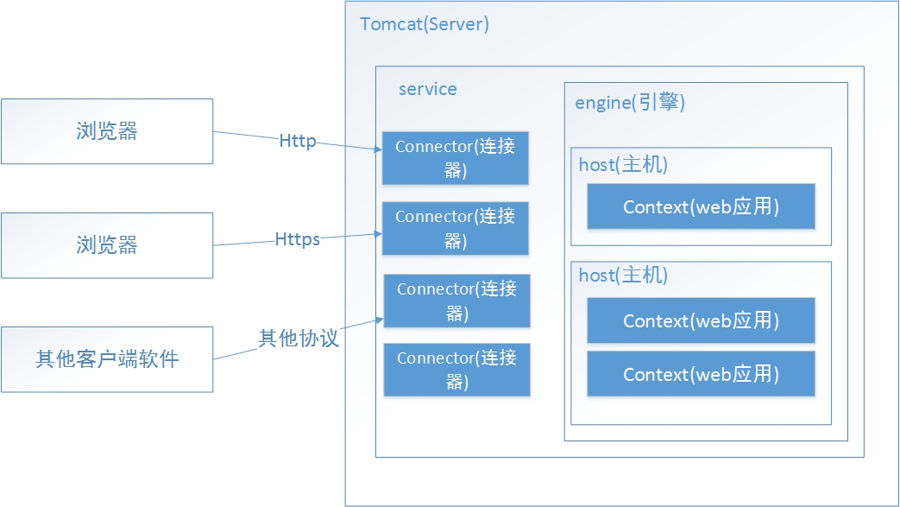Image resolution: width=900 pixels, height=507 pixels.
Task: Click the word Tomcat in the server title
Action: coord(392,24)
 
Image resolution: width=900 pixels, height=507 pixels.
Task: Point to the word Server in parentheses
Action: coord(456,24)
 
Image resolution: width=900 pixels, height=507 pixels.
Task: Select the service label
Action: coord(428,89)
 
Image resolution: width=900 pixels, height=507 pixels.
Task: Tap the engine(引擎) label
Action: coord(630,102)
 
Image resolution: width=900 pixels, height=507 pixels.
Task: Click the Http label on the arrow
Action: coord(298,141)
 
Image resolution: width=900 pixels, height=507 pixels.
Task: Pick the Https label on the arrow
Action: coord(298,239)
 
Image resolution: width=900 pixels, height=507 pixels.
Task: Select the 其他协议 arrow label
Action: coord(299,338)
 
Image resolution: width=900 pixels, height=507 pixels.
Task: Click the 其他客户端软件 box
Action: coord(107,360)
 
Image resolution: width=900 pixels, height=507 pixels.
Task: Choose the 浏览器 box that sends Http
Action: coord(107,131)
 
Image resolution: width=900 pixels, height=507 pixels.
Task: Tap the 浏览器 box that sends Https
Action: coord(107,245)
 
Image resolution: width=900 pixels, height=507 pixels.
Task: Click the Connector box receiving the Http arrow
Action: coord(455,158)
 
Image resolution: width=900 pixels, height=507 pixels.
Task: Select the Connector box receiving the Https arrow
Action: coord(455,228)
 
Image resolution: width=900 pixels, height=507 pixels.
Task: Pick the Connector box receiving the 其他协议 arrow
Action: coord(456,301)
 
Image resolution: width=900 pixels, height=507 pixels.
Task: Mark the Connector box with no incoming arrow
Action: coord(456,370)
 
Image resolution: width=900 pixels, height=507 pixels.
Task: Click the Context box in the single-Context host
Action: coord(701,206)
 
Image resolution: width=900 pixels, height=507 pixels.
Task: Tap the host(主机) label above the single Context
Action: coord(623,165)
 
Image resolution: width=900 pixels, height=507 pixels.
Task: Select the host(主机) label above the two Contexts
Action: coord(623,276)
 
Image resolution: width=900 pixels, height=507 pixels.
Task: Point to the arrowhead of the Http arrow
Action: coord(378,149)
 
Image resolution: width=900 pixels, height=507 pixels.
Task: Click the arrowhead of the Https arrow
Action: coord(378,234)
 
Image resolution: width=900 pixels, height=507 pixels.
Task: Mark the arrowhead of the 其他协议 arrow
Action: coord(380,320)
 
